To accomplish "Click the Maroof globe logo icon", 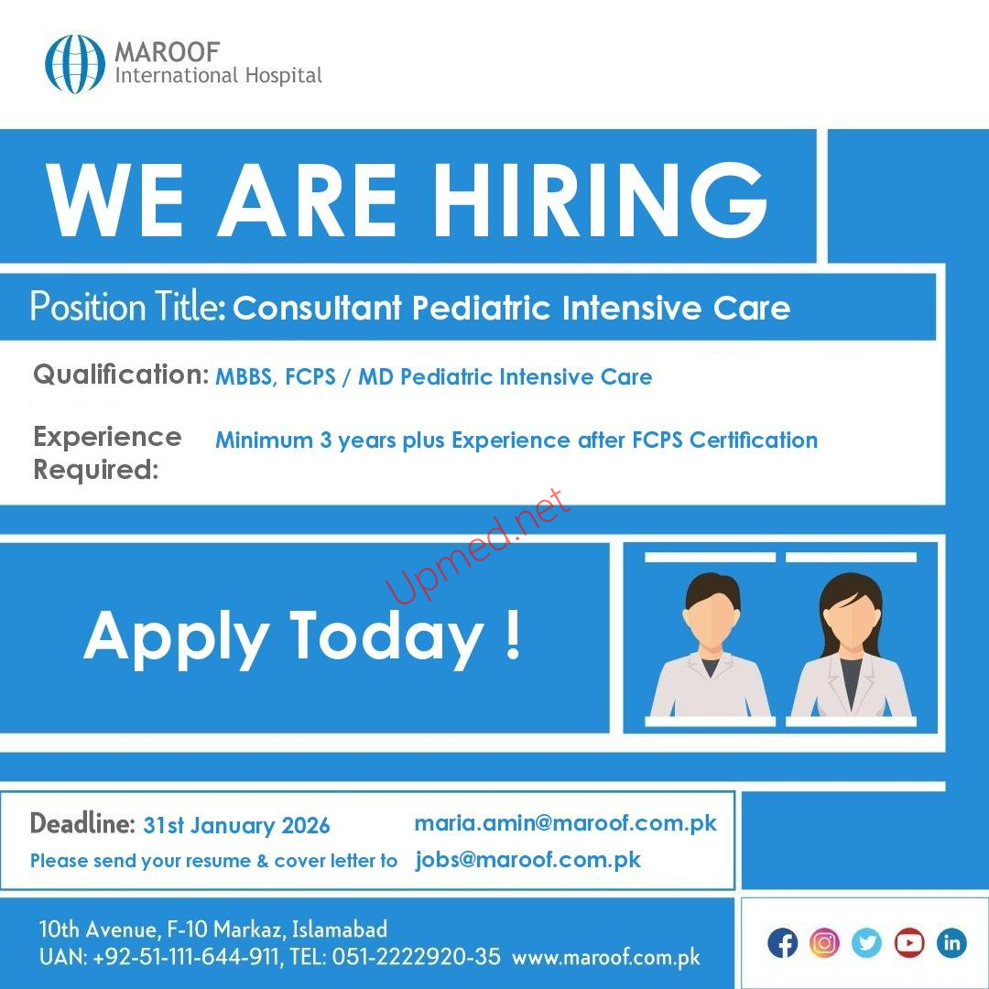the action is coord(75,64).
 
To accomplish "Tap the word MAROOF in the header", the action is coord(168,51).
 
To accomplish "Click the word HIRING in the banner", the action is coord(600,200).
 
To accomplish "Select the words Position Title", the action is coord(128,307).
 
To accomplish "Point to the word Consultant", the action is coord(317,308).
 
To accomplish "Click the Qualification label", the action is coord(121,375).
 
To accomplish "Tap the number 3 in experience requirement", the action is coord(325,440).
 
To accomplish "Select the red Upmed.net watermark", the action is coord(479,546).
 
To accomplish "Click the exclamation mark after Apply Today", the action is coord(514,634).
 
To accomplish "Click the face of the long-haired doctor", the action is coord(853,620).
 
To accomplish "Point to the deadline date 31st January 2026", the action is coord(236,826).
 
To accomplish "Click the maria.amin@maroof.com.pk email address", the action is coord(566,823).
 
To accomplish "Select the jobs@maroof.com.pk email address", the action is coord(528,860).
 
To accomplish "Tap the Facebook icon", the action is coord(783,943).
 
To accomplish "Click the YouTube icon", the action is coord(909,943).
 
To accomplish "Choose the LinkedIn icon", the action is coord(951,943).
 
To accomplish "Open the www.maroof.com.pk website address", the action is coord(606,958).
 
